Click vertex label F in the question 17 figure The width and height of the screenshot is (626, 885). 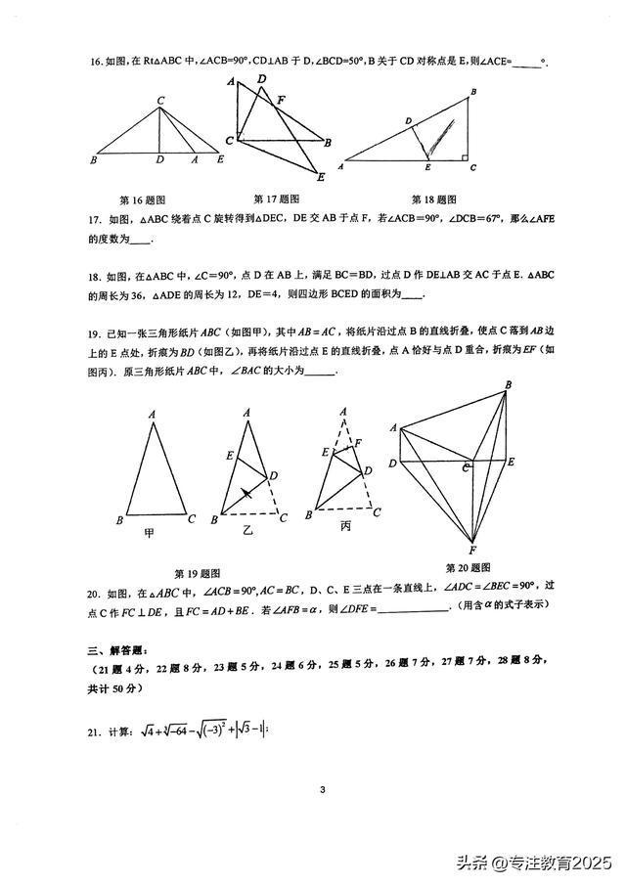tap(281, 99)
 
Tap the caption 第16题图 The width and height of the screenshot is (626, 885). tap(141, 199)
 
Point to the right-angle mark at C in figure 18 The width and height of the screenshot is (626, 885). tap(464, 155)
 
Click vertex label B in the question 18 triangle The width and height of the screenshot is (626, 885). tap(473, 92)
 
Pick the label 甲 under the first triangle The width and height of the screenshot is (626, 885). tap(150, 533)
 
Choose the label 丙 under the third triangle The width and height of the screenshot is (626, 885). tap(345, 526)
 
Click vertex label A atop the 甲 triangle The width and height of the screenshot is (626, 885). tap(153, 415)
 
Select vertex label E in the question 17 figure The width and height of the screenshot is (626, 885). tap(321, 177)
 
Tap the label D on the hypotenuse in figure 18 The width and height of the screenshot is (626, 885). tap(408, 120)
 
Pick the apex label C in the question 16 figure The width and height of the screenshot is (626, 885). tap(159, 98)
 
